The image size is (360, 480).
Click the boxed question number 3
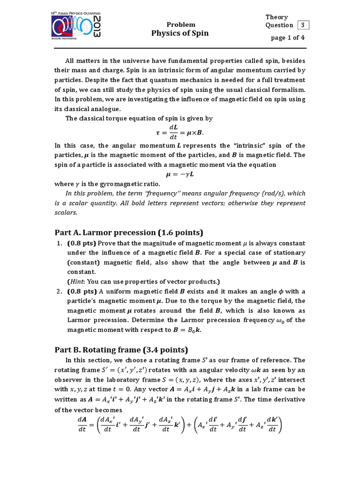pyautogui.click(x=303, y=25)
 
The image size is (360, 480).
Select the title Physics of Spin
pyautogui.click(x=180, y=33)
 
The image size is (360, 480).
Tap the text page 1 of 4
pyautogui.click(x=288, y=37)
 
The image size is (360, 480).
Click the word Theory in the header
pyautogui.click(x=277, y=17)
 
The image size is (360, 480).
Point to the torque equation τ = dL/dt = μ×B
pyautogui.click(x=180, y=132)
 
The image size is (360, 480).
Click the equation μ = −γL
pyautogui.click(x=180, y=174)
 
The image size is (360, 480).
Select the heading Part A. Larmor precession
pyautogui.click(x=128, y=233)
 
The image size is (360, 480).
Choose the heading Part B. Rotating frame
pyautogui.click(x=121, y=350)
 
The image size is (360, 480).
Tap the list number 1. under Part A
pyautogui.click(x=60, y=243)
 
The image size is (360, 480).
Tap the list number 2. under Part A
pyautogui.click(x=60, y=291)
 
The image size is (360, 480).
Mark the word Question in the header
pyautogui.click(x=279, y=25)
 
